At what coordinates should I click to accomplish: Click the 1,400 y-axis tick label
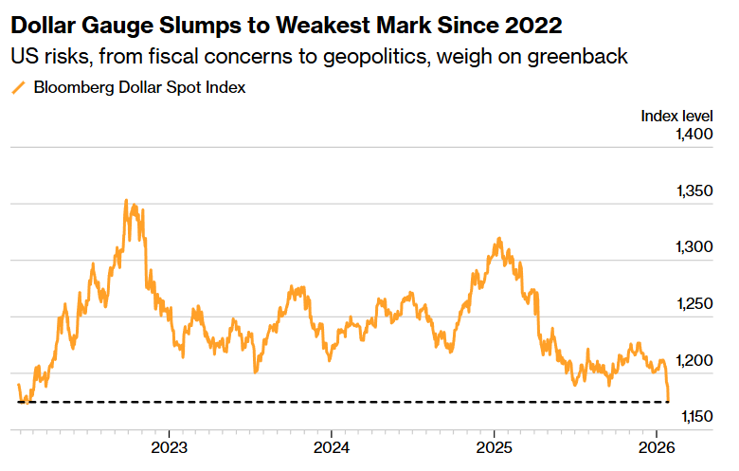click(x=694, y=136)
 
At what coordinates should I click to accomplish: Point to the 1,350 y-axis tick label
click(x=694, y=191)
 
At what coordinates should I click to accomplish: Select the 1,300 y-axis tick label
click(x=694, y=247)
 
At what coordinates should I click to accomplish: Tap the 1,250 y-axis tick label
click(x=694, y=304)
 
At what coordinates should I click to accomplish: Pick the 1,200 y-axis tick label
click(x=694, y=360)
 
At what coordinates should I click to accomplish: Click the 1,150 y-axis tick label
click(x=694, y=417)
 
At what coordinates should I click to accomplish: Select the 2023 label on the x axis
click(x=168, y=447)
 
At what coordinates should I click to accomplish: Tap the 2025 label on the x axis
click(x=494, y=447)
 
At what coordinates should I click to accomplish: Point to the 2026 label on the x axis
click(x=657, y=447)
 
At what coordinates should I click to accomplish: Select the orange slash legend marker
click(x=18, y=88)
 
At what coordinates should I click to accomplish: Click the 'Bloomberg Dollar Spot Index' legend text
click(x=139, y=88)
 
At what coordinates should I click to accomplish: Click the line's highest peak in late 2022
click(x=127, y=201)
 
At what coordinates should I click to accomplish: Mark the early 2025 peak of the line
click(x=499, y=239)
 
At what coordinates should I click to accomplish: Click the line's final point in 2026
click(x=669, y=400)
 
